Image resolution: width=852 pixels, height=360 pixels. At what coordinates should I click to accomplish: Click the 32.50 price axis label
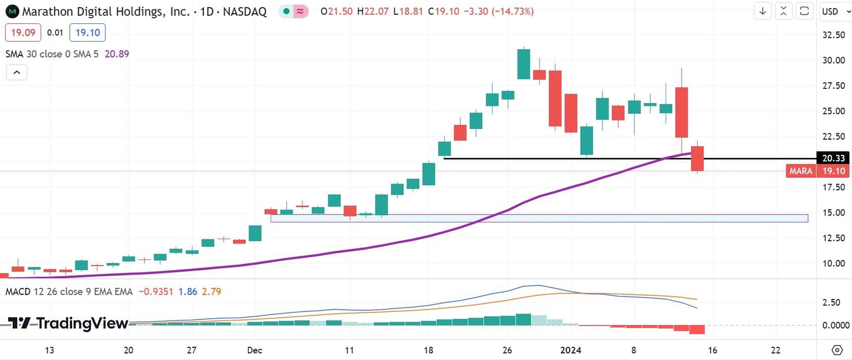coord(833,35)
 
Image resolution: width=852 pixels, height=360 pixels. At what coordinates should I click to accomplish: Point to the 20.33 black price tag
coord(833,159)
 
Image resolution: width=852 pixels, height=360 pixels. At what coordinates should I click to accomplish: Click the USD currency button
coord(830,11)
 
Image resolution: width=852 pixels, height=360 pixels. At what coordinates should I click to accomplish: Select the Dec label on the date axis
coord(255,350)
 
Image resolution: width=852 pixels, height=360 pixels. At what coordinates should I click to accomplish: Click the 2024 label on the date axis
coord(571,350)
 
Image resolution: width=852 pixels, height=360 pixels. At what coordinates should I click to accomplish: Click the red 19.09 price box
coord(23,33)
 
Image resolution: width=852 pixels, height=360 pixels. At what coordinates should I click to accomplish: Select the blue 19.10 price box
coord(88,33)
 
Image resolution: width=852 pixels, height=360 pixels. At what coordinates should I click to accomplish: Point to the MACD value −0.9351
coord(155,291)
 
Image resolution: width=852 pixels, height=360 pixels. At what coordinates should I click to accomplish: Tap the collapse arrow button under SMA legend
coord(17,72)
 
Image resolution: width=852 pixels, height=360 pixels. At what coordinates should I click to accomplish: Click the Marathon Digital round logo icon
coord(11,11)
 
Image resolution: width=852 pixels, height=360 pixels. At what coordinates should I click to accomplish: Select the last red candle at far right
coord(697,159)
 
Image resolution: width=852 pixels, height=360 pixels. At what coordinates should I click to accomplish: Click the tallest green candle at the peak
coord(524,64)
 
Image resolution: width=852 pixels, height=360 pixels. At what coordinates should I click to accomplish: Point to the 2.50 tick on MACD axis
coord(833,303)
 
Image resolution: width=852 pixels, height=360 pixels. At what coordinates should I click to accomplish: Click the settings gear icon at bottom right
coord(838,350)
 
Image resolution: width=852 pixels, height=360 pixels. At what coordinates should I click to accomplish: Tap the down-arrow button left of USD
coord(763,11)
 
